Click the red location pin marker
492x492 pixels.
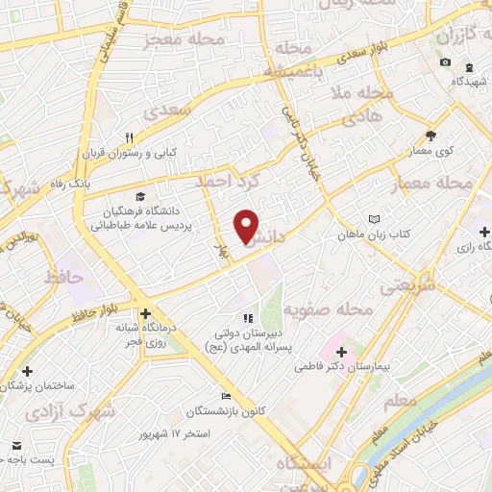[x=247, y=227]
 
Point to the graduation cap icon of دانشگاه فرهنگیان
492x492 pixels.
[x=143, y=197]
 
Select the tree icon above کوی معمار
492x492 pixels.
[x=431, y=135]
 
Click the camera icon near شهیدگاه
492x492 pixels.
[x=445, y=63]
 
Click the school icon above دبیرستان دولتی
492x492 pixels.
[x=247, y=317]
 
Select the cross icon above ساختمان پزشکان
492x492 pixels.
[x=27, y=370]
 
